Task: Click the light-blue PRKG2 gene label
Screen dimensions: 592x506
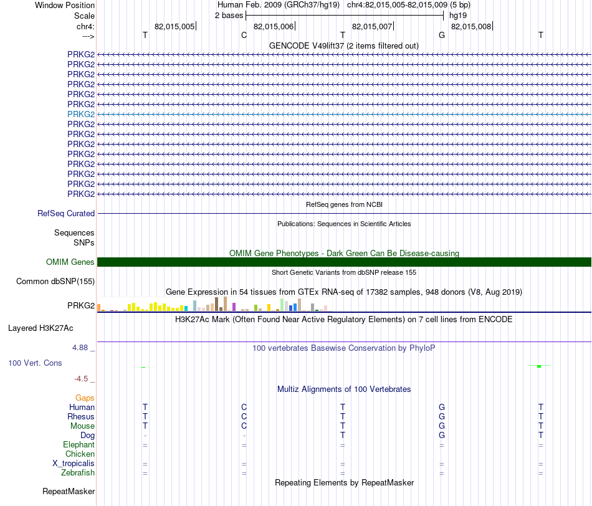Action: tap(81, 114)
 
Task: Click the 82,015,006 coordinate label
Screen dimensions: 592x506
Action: tap(274, 26)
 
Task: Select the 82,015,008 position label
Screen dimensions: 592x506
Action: tap(471, 26)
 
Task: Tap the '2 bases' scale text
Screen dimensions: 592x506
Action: tap(229, 16)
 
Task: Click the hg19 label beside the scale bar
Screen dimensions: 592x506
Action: tap(458, 16)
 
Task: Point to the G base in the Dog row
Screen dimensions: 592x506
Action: tap(442, 435)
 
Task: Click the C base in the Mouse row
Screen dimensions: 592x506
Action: tap(244, 426)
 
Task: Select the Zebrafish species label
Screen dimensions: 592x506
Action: tap(78, 473)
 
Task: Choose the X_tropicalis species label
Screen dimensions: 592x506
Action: tap(74, 464)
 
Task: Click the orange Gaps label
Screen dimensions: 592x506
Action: tap(85, 398)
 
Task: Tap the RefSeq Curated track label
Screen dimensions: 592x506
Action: tap(66, 213)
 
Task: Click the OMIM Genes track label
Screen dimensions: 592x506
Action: tap(70, 262)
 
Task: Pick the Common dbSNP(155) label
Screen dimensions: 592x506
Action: tap(55, 281)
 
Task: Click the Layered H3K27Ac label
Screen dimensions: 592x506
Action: tap(41, 328)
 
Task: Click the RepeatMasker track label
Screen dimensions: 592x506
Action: tap(69, 491)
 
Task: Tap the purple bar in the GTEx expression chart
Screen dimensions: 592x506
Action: tap(234, 307)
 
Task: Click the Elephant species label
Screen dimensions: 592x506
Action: tap(79, 444)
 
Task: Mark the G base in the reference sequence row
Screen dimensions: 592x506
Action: tap(442, 35)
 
